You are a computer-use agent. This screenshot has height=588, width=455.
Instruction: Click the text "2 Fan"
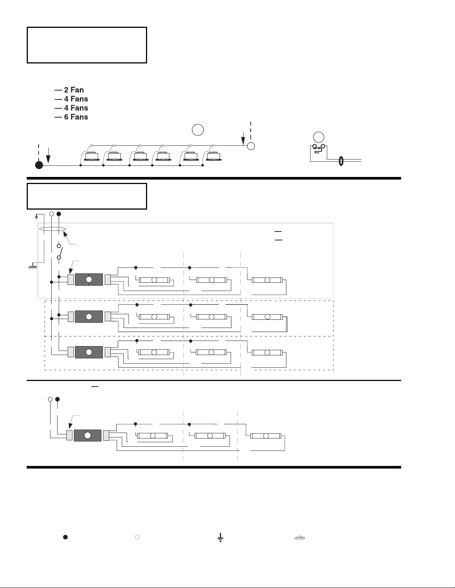pos(74,90)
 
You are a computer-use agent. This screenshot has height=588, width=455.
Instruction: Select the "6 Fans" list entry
pos(76,117)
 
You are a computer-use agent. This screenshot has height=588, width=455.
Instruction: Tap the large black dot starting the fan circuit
pos(39,165)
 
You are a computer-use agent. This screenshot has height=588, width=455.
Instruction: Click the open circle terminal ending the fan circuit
pos(251,146)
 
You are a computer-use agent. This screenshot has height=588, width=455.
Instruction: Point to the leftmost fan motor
pos(91,157)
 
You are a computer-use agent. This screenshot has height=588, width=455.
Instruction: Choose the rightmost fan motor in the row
pos(214,157)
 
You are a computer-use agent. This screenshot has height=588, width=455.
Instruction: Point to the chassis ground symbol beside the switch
pos(33,266)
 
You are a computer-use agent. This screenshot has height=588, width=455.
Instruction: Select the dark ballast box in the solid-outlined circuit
pos(89,279)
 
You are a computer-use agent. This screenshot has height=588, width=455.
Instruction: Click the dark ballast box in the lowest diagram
pos(88,436)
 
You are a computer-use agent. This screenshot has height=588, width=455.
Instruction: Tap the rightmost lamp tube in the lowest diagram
pos(266,436)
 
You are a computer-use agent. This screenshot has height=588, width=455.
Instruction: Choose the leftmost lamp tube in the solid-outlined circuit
pos(154,280)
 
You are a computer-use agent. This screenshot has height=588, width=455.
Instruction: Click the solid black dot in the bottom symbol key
pos(65,537)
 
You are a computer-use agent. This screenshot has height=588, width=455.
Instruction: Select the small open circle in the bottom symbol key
pos(137,537)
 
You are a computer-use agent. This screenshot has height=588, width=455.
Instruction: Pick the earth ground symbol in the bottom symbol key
pos(221,538)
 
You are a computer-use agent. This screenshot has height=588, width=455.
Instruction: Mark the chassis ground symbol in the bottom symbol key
pos(300,538)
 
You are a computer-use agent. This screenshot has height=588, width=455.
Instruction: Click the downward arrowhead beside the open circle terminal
pos(243,141)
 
